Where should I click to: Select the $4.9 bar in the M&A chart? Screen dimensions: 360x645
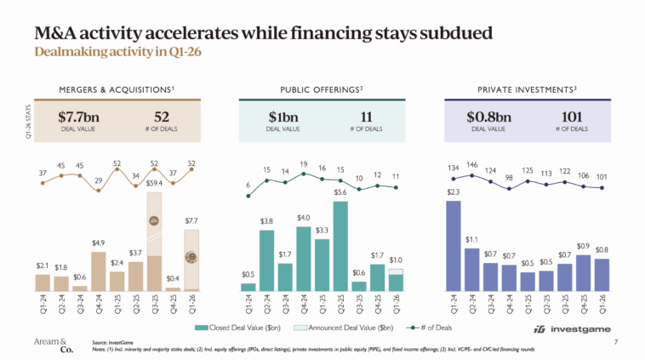(x=98, y=271)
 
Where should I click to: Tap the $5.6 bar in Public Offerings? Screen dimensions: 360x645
(x=341, y=246)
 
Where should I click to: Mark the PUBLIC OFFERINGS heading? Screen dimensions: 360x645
(x=322, y=89)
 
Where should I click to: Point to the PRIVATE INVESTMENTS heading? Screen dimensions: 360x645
(x=528, y=89)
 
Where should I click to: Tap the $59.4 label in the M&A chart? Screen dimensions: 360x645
(x=154, y=182)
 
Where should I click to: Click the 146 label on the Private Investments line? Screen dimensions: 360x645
(x=472, y=166)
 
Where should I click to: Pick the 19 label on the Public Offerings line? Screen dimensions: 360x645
(x=304, y=164)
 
